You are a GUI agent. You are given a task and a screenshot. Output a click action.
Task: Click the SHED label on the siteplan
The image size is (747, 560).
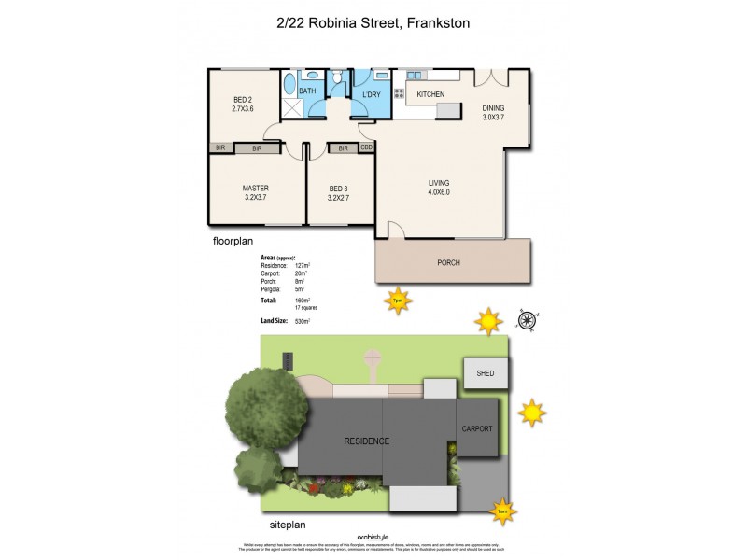pyautogui.click(x=485, y=373)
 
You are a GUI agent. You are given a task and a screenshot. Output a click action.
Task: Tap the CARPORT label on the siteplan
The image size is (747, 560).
pyautogui.click(x=475, y=428)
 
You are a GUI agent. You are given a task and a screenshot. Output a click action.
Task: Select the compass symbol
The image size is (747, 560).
pyautogui.click(x=529, y=321)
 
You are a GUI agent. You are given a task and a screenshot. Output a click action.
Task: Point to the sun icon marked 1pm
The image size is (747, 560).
pyautogui.click(x=398, y=301)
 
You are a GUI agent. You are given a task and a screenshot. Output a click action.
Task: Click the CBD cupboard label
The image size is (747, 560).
pyautogui.click(x=367, y=147)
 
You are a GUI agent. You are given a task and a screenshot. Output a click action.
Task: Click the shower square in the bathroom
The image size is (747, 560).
pyautogui.click(x=289, y=107)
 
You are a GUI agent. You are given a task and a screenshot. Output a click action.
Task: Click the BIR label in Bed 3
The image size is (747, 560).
pyautogui.click(x=343, y=147)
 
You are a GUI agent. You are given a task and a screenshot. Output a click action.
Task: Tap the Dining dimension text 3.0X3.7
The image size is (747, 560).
pyautogui.click(x=492, y=117)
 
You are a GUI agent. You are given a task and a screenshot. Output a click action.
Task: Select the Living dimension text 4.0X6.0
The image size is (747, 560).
pyautogui.click(x=439, y=192)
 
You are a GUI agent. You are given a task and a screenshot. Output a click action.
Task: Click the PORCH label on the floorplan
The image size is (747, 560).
pyautogui.click(x=448, y=262)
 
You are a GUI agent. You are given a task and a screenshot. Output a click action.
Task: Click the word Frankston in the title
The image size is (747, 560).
pyautogui.click(x=440, y=24)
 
